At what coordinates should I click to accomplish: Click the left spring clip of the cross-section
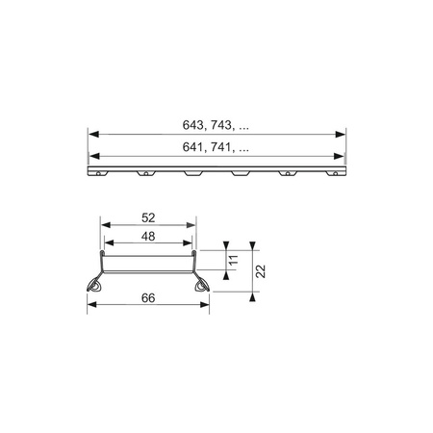click(97, 285)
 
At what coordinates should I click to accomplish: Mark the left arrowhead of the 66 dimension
click(92, 308)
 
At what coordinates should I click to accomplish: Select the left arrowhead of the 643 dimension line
click(92, 134)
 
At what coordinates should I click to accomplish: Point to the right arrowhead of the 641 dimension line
click(342, 157)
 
